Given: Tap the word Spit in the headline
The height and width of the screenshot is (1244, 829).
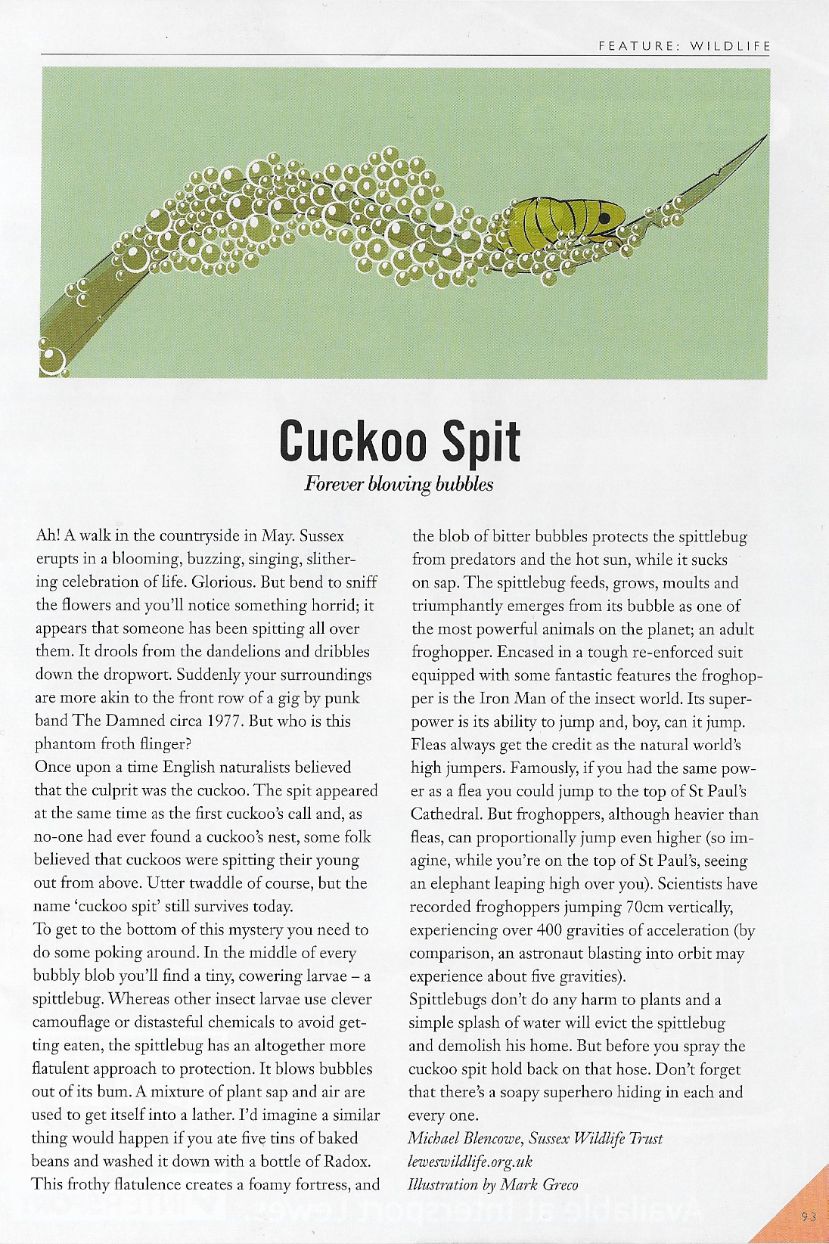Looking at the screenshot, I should point(481,441).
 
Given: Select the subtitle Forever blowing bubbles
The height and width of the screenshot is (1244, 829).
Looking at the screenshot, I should point(399,484).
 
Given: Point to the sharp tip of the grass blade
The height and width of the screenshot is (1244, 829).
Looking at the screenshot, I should point(766,135).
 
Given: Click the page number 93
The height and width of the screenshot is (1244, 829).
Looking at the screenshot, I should point(809,1217).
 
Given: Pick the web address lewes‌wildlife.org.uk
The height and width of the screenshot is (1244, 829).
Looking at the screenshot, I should point(470,1162).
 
